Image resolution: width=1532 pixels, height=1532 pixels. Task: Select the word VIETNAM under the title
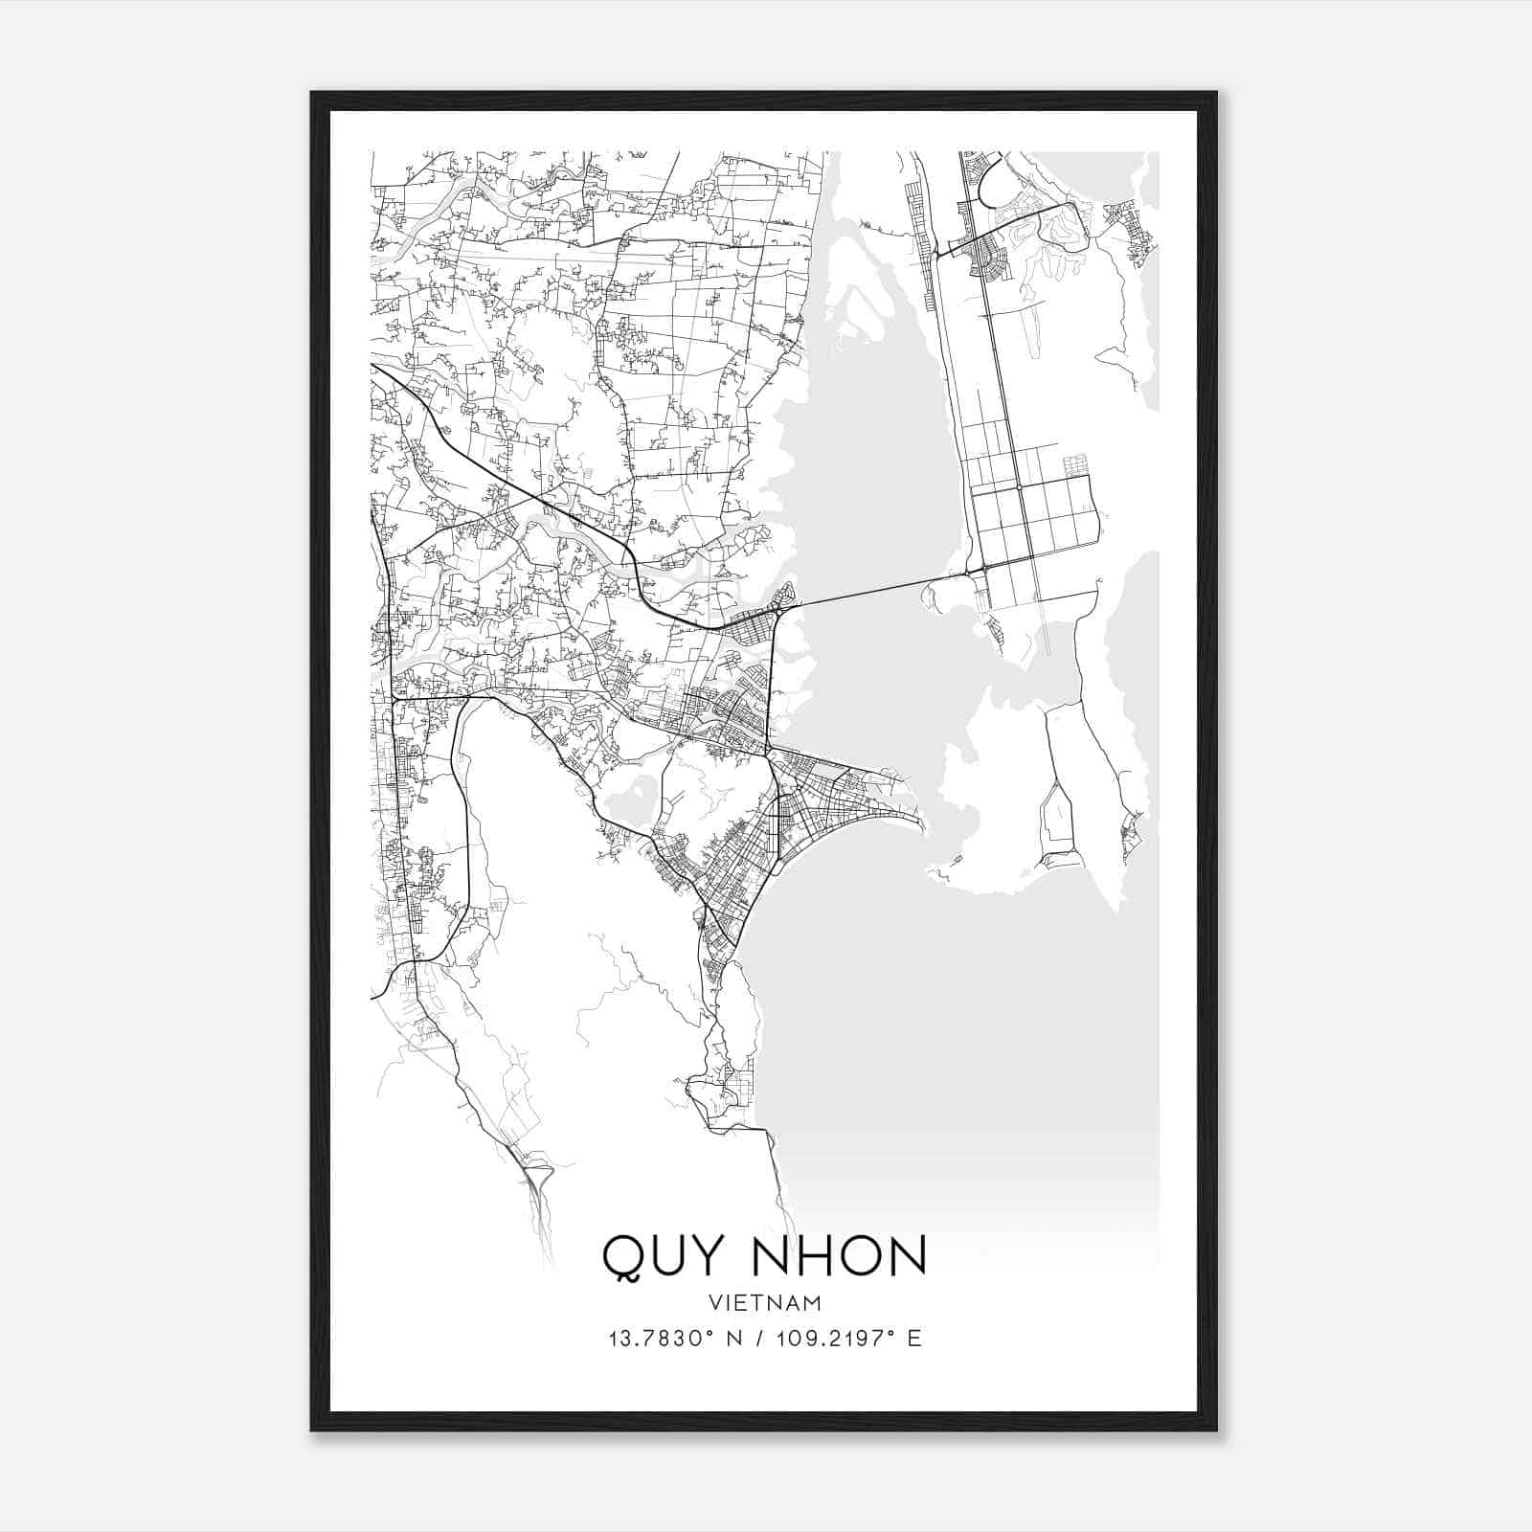pos(765,1303)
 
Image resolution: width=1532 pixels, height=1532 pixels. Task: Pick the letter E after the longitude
pos(915,1339)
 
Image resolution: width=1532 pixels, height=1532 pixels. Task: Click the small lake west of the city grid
pos(627,798)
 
